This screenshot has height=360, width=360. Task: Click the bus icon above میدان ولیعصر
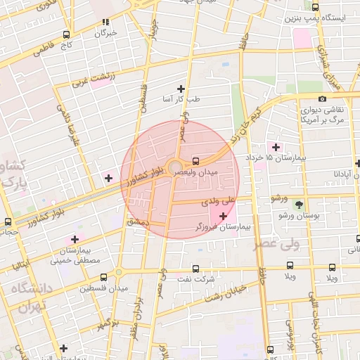pyautogui.click(x=195, y=160)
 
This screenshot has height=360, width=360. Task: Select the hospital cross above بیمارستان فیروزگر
pyautogui.click(x=223, y=215)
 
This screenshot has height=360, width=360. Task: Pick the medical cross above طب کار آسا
pyautogui.click(x=181, y=89)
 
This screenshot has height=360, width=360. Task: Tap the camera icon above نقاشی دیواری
pyautogui.click(x=322, y=99)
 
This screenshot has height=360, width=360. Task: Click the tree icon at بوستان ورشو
pyautogui.click(x=300, y=205)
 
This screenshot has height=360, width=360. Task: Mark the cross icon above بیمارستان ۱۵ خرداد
pyautogui.click(x=276, y=147)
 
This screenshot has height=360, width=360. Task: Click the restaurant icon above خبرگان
pyautogui.click(x=105, y=22)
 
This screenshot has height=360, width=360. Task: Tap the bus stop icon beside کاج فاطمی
pyautogui.click(x=66, y=34)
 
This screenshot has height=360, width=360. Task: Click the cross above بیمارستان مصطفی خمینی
pyautogui.click(x=75, y=239)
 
